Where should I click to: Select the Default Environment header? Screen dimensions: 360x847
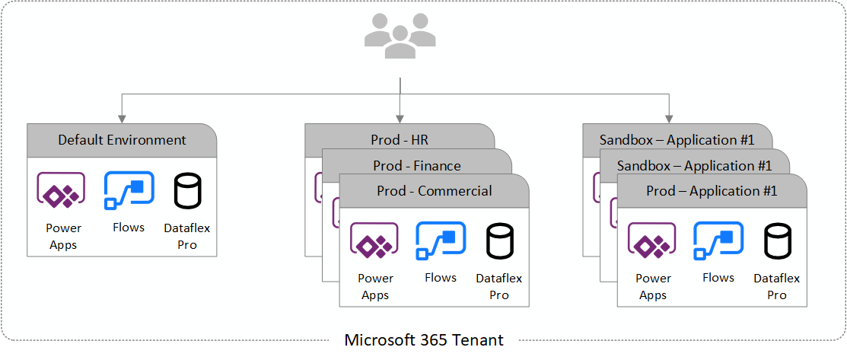pyautogui.click(x=122, y=140)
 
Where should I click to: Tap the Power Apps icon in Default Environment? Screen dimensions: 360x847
pyautogui.click(x=61, y=190)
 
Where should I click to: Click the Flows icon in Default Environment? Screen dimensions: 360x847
pyautogui.click(x=129, y=190)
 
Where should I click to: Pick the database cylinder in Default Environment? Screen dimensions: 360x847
pyautogui.click(x=186, y=191)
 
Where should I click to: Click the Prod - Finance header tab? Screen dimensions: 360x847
pyautogui.click(x=416, y=165)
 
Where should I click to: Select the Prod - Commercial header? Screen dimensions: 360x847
pyautogui.click(x=434, y=191)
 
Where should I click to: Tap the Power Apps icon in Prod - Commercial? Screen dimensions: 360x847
pyautogui.click(x=374, y=242)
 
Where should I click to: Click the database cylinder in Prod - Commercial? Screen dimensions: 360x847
pyautogui.click(x=499, y=242)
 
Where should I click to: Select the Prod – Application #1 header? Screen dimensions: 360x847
pyautogui.click(x=712, y=191)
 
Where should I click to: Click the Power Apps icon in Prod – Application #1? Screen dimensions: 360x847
pyautogui.click(x=652, y=242)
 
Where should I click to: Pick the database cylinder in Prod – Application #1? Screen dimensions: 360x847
pyautogui.click(x=777, y=242)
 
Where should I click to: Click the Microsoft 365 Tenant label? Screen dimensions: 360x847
pyautogui.click(x=424, y=339)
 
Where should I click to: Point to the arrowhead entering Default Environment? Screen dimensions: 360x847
pyautogui.click(x=122, y=117)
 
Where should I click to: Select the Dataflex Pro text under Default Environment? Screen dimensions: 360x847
pyautogui.click(x=186, y=236)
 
